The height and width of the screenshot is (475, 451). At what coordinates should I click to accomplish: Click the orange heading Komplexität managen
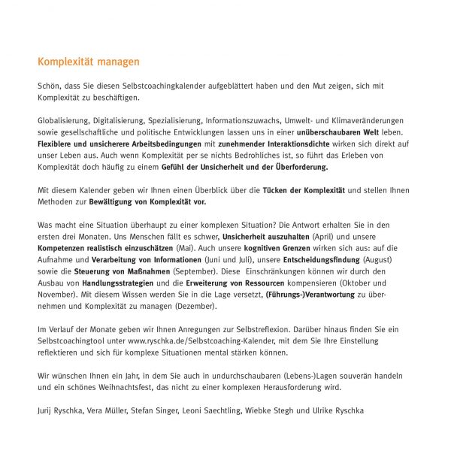89,62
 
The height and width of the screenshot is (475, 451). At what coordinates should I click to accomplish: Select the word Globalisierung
63,120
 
